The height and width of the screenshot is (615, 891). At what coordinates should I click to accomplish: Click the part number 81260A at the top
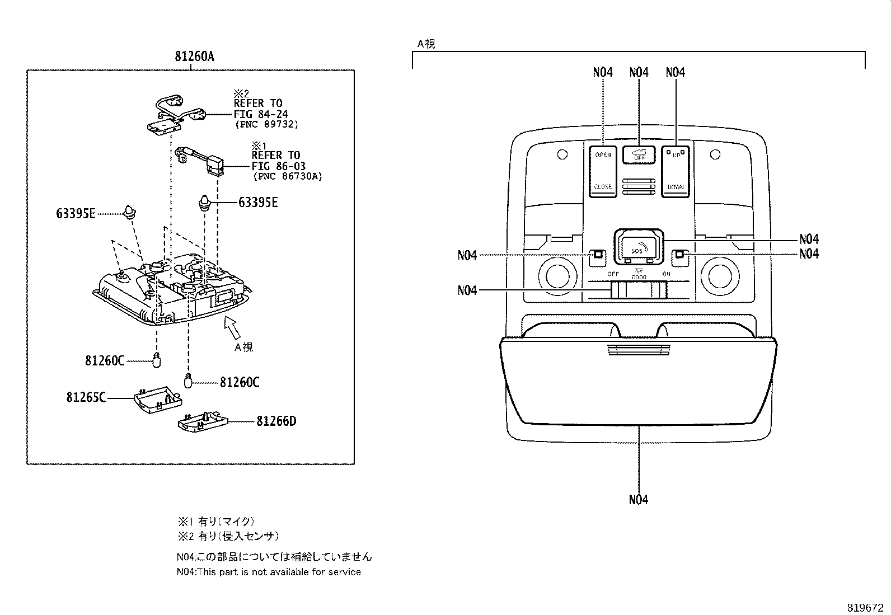(194, 57)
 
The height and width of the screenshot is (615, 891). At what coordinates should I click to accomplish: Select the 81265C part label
(86, 397)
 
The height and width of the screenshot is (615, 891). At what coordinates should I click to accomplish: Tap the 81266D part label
(276, 421)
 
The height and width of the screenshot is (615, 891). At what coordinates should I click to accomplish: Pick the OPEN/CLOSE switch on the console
(603, 171)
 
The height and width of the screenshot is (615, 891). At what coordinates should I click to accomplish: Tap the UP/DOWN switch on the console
(676, 171)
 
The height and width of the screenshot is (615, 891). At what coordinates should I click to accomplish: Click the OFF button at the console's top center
(639, 154)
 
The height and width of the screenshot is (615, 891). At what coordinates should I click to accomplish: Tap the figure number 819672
(864, 607)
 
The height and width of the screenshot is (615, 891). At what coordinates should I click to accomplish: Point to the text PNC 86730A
(287, 176)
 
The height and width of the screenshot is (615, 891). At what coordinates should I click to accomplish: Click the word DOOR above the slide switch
(639, 278)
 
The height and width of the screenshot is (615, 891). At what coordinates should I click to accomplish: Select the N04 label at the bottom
(638, 499)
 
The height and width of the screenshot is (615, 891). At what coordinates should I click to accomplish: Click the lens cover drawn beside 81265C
(159, 400)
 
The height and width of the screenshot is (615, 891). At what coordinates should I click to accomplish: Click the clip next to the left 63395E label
(130, 212)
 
